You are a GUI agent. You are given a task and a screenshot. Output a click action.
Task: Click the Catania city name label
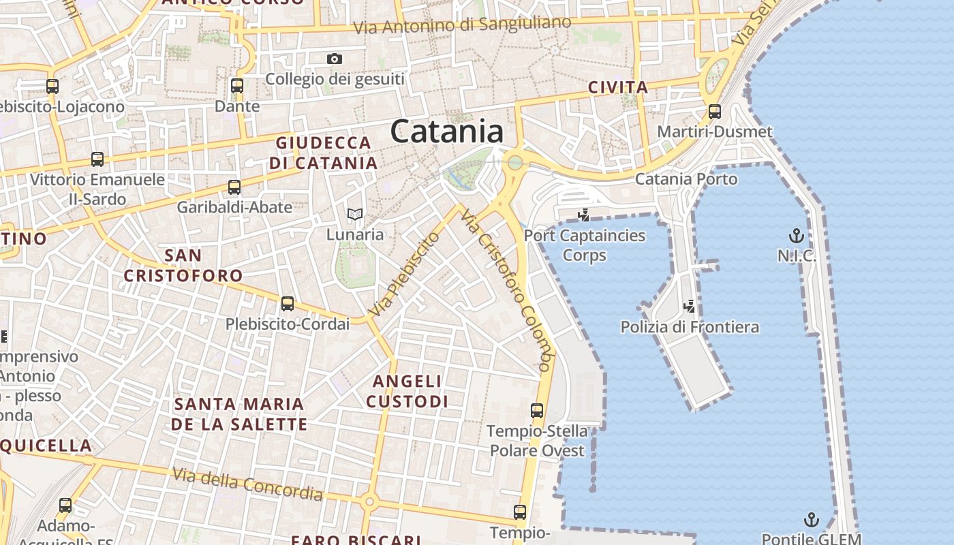447,131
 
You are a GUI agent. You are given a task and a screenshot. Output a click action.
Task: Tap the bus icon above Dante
237,86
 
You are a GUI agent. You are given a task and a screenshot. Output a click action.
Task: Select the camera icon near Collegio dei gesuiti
334,59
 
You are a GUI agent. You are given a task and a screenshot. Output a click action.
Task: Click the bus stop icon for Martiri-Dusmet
715,111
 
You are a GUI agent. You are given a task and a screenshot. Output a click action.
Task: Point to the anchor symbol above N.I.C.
796,236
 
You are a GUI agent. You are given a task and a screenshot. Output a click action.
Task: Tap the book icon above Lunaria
354,214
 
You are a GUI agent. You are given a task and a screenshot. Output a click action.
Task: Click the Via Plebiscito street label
405,274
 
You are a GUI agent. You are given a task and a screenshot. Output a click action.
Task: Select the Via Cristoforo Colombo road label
505,290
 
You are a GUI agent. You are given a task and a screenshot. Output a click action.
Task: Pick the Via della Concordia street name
247,483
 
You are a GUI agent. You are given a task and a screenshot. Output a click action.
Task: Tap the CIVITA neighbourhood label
617,87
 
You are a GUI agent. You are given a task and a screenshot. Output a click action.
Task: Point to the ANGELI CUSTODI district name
407,391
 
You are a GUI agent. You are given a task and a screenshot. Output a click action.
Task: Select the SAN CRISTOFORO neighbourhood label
183,266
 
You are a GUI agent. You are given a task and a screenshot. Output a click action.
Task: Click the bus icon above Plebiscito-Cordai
288,304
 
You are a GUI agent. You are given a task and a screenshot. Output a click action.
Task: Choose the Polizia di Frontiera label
690,327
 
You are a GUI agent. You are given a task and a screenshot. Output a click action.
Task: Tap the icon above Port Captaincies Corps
584,216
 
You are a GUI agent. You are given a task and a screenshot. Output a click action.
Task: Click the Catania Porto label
686,179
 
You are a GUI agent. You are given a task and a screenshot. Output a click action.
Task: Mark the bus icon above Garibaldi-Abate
234,187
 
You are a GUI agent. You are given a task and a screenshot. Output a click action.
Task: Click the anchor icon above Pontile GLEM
811,520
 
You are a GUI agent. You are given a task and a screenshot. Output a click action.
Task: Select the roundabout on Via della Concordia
370,502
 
